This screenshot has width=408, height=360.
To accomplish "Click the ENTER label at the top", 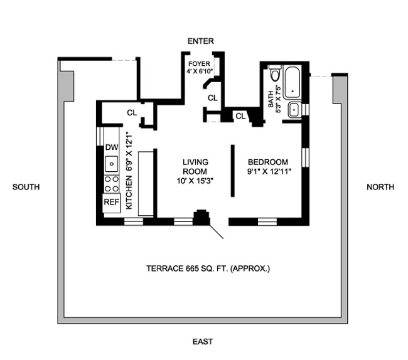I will coord(201,41).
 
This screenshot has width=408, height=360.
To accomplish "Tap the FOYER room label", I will coord(199,64).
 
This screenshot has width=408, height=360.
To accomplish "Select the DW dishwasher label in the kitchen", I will coord(111,147).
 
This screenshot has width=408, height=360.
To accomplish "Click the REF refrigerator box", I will coord(111,202).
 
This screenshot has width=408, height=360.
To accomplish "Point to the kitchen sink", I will coord(111,164).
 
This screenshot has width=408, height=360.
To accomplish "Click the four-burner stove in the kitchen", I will coord(111,183).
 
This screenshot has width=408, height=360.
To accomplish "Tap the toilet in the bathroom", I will coord(273,76).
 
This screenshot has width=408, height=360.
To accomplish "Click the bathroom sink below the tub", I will coord(294,110).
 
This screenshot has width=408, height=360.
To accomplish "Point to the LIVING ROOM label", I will coord(195,166).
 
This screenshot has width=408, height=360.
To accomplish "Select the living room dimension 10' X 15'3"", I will coord(195,181).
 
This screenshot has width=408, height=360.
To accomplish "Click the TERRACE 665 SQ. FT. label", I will coord(208,268).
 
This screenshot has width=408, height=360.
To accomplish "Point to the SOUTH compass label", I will coord(25,187).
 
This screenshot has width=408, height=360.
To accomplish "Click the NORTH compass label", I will coord(380,187).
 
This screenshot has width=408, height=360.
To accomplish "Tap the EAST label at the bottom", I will coord(202,342).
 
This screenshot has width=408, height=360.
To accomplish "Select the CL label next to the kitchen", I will coord(132,114).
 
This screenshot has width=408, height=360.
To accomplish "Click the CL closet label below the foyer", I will coord(212,98).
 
